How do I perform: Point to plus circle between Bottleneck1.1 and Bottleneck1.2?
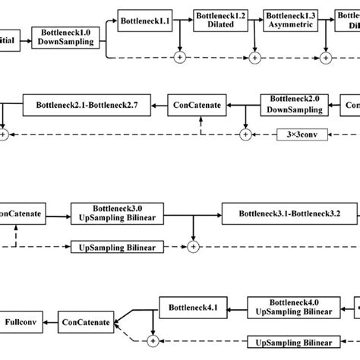click(x=180, y=56)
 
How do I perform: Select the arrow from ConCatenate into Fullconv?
click(x=49, y=322)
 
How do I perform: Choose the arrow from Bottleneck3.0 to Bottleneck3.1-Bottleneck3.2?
click(x=190, y=212)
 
